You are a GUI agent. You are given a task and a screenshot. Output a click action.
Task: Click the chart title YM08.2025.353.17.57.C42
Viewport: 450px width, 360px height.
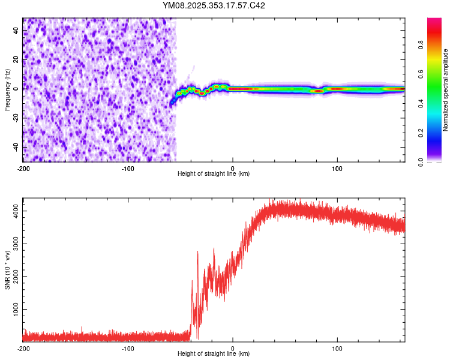pos(214,5)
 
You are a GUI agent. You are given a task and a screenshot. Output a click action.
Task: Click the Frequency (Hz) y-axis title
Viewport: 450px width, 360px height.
pos(7,89)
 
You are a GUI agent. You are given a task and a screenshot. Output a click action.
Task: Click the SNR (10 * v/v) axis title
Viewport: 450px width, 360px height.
pos(7,269)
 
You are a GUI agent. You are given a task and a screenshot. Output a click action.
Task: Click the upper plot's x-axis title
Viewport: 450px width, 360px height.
pos(214,174)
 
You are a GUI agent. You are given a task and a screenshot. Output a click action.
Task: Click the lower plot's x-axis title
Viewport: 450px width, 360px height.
pos(214,354)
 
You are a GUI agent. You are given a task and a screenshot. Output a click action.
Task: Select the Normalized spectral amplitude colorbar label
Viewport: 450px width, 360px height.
pos(446,89)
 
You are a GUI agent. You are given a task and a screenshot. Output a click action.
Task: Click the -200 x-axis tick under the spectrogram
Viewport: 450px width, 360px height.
pos(23,169)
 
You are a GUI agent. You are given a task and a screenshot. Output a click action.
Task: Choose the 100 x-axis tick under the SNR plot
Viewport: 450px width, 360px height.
pos(338,349)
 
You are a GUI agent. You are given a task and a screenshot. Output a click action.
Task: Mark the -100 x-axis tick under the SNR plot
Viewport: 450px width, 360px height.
pos(128,349)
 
